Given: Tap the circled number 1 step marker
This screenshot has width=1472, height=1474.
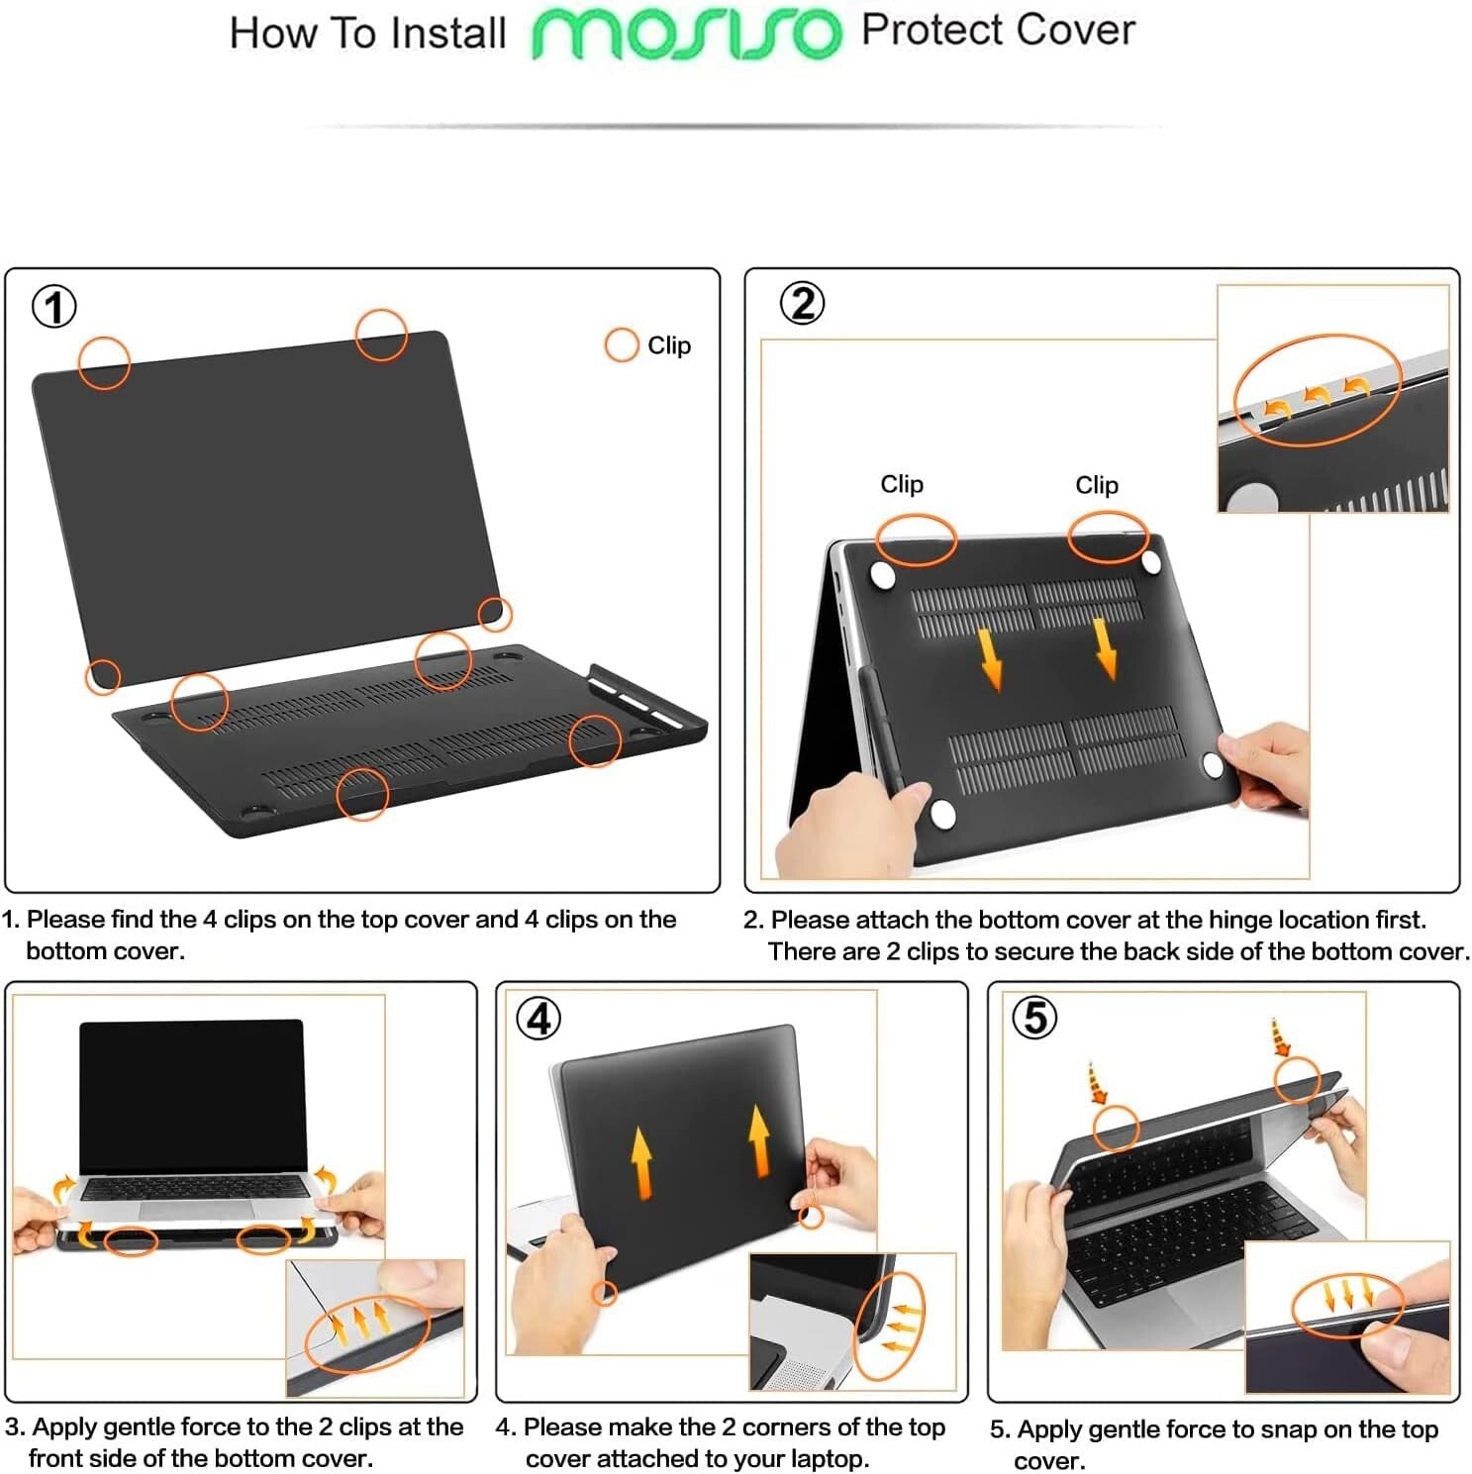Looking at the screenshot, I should (54, 307).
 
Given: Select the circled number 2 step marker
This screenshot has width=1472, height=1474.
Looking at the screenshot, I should (802, 303).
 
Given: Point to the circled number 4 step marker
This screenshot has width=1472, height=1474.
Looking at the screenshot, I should (540, 1019).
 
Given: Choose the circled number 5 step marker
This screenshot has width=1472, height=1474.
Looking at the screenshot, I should (1034, 1018).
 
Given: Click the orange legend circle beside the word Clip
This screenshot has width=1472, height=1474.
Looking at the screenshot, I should (621, 345).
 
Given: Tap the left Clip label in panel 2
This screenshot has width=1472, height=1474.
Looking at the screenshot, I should (901, 484).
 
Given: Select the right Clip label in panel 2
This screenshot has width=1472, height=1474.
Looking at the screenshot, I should (1096, 485).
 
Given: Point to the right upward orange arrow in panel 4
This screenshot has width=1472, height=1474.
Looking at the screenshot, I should (759, 1140).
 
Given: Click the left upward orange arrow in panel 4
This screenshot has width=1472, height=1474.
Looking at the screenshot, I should (641, 1161).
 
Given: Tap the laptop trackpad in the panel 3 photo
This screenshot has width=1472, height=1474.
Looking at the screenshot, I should (196, 1210).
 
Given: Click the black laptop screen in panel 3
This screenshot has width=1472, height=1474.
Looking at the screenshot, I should (192, 1094).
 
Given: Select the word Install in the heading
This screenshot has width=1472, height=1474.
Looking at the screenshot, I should (447, 34).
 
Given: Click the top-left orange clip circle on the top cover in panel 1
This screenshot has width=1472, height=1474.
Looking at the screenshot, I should (104, 362).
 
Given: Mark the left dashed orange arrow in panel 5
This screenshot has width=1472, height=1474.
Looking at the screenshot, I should (1095, 1083).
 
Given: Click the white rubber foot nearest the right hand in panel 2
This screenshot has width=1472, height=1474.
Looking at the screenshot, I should (1213, 762).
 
